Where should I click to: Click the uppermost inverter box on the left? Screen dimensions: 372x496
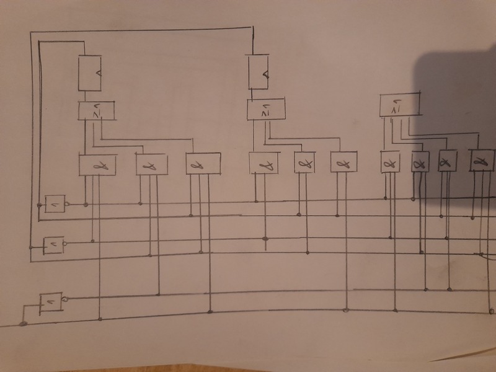(x=55, y=203)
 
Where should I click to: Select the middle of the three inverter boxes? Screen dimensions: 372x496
(x=53, y=246)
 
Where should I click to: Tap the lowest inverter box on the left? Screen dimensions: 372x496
(x=50, y=303)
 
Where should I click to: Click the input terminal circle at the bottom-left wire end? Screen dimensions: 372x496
(x=22, y=323)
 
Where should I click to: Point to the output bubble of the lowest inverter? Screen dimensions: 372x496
(x=65, y=299)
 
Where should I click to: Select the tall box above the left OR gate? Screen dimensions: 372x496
(x=90, y=73)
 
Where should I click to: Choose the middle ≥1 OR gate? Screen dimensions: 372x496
(x=266, y=110)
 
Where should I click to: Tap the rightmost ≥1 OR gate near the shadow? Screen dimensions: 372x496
(x=398, y=105)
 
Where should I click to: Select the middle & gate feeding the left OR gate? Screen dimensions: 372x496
(x=151, y=165)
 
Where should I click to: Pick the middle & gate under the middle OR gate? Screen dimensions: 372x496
(x=304, y=162)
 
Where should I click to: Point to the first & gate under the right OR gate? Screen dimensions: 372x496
(x=389, y=162)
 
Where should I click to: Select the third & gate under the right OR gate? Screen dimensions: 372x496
(x=446, y=162)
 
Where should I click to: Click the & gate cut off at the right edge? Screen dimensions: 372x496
(x=482, y=161)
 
